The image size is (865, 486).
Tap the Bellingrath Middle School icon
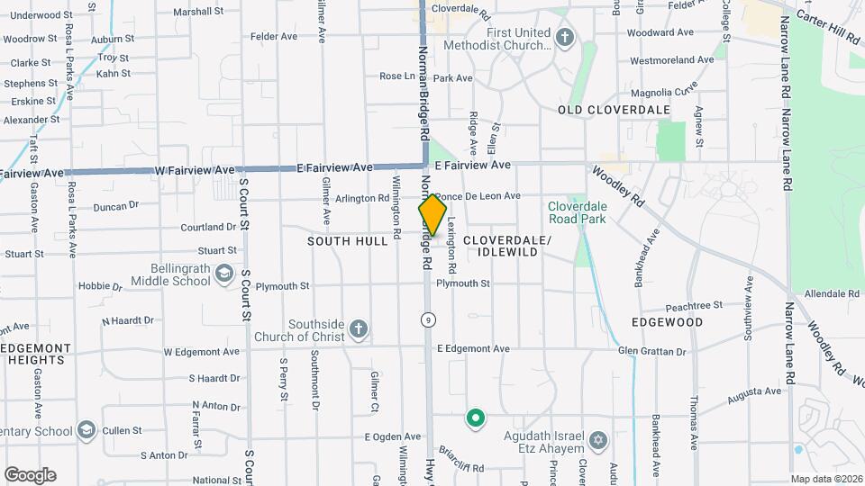223,274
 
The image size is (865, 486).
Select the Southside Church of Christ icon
359,329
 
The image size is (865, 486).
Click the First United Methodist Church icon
565,38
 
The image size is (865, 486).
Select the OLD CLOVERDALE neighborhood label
614,110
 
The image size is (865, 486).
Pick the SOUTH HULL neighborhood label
347,241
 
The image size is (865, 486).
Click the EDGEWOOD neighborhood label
668,321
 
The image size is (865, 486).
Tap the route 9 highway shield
428,319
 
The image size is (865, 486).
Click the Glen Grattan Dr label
652,352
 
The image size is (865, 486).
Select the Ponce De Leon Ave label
478,195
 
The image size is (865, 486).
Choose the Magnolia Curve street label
664,92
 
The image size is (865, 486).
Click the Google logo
30,475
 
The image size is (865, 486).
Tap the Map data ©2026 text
825,479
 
